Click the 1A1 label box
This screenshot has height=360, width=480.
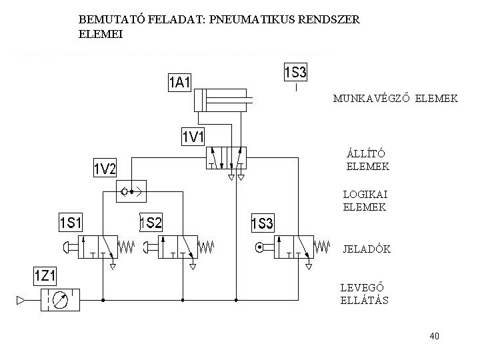(x=179, y=82)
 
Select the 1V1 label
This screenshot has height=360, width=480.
(x=194, y=137)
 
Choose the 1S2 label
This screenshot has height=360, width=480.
(x=151, y=221)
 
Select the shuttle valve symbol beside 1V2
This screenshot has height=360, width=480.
(x=131, y=193)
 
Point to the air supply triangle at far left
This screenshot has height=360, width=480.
(x=21, y=301)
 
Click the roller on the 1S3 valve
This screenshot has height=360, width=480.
(x=258, y=249)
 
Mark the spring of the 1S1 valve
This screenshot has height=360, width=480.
(x=127, y=248)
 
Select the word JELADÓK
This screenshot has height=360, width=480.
(x=366, y=249)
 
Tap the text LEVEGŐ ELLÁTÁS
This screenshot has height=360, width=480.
(x=364, y=294)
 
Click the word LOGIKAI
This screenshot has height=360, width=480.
(x=365, y=194)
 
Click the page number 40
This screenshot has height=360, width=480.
(x=435, y=336)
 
